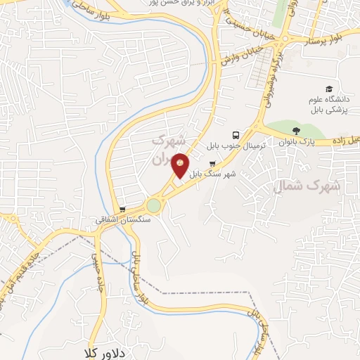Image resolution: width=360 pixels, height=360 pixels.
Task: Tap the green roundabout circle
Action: point(153,205)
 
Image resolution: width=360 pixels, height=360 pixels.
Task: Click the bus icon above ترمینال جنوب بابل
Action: point(235,134)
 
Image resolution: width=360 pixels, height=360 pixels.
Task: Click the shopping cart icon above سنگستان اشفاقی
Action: point(122,209)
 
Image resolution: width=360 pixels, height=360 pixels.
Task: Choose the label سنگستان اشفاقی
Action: point(122,219)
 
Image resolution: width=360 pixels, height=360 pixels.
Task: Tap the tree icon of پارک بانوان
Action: point(296,130)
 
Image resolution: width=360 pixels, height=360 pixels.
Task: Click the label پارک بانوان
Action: point(296,141)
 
